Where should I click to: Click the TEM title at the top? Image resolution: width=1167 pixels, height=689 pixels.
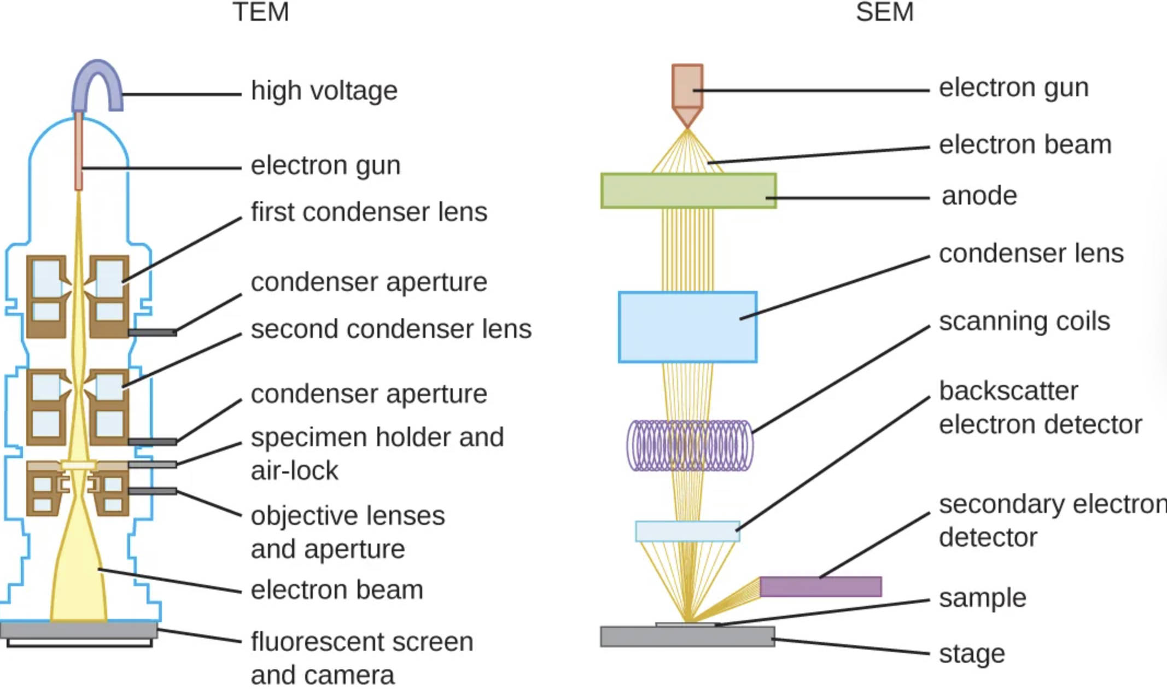[x=260, y=12]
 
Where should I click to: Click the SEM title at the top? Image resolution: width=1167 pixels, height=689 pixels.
[x=884, y=12]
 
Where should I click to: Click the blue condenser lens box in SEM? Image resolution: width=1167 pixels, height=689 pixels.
[x=687, y=327]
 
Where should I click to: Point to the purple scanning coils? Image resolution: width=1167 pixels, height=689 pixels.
[x=689, y=445]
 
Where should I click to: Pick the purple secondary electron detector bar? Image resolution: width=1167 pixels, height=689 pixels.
[x=820, y=587]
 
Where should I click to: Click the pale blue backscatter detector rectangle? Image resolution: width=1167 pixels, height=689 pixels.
[x=687, y=532]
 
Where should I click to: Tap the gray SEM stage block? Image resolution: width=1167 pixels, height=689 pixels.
[x=687, y=637]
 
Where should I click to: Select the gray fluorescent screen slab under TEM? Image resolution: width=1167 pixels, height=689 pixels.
[x=79, y=630]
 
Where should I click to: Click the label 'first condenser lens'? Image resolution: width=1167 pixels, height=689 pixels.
[x=369, y=212]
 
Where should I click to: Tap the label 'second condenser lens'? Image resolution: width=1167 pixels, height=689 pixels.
[x=390, y=329]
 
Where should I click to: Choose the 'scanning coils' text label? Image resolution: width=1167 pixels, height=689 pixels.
[x=1024, y=322]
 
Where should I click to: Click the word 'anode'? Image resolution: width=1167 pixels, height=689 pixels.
[x=979, y=196]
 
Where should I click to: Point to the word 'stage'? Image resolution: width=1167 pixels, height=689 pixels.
[x=972, y=654]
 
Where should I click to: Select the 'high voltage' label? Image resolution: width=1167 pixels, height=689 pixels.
[x=324, y=91]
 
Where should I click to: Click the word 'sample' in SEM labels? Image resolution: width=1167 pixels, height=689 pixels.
[x=982, y=598]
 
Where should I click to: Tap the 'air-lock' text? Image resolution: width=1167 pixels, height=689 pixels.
[x=294, y=471]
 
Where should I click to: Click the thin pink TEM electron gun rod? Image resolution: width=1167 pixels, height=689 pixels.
[x=79, y=150]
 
